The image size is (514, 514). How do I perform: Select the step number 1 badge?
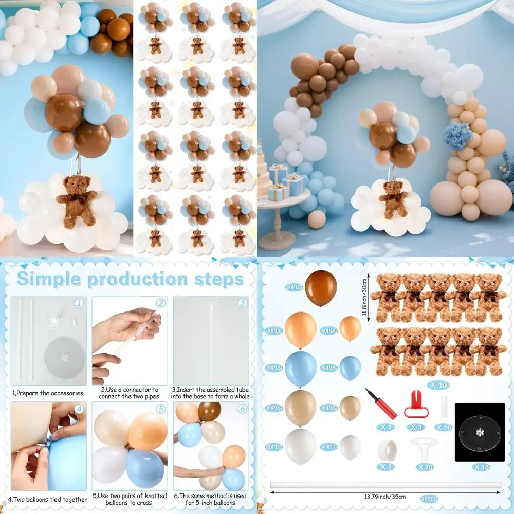[x=79, y=303]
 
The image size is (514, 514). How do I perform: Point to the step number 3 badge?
[x=242, y=303]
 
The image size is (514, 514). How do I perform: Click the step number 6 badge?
[x=242, y=409]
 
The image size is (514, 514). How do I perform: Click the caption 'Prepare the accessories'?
[x=47, y=393]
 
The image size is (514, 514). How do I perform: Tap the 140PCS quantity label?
[x=329, y=447]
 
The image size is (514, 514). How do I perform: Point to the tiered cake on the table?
[x=264, y=177]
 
